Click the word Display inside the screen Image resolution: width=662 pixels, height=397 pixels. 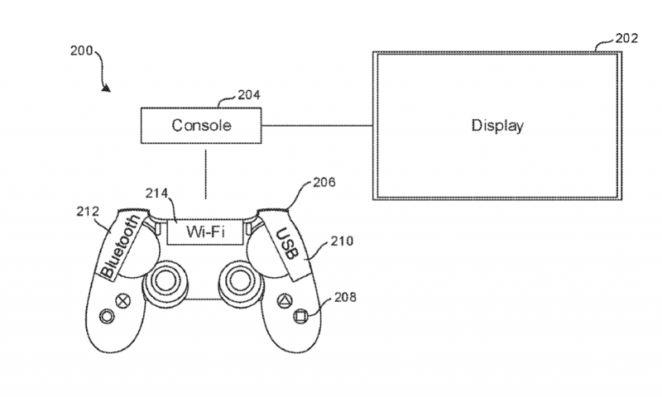[497, 127]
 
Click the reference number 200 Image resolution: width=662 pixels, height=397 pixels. [81, 50]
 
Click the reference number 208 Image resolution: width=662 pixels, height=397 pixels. [347, 299]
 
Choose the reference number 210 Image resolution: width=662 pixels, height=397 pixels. [342, 242]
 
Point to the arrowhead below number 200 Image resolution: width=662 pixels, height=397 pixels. [108, 87]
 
